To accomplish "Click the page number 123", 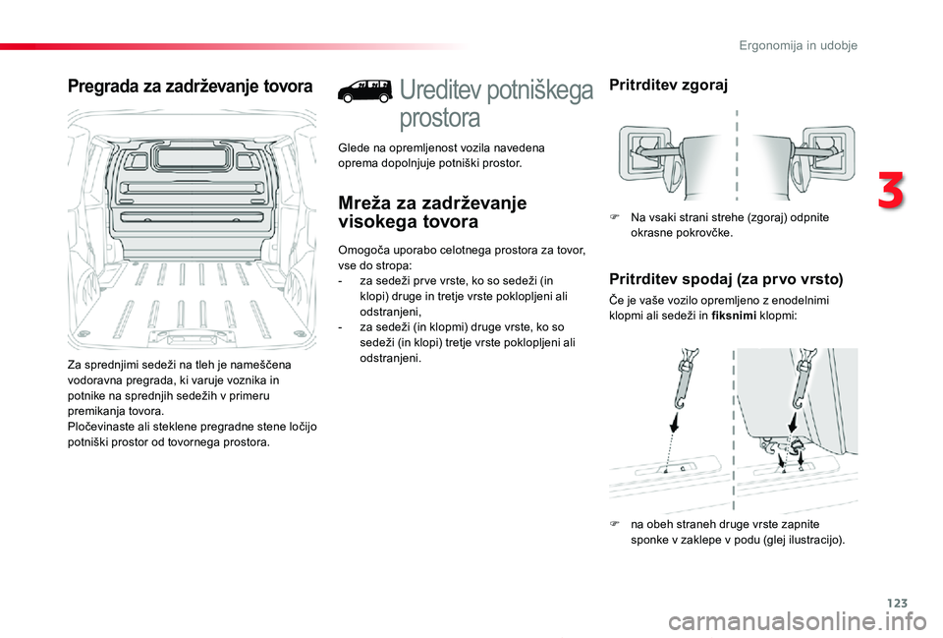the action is [897, 603].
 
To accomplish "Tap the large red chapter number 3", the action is [891, 189].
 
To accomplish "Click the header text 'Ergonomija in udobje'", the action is [798, 46].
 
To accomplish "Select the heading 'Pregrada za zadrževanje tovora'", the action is [190, 87].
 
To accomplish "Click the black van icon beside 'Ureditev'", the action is [365, 90].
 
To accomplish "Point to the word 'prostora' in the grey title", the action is [440, 118].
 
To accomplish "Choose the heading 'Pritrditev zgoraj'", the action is [668, 85].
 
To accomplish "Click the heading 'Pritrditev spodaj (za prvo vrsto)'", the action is [726, 279].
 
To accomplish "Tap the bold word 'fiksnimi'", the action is [733, 316].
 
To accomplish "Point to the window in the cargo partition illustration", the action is [193, 157].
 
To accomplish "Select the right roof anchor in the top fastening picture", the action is [825, 153].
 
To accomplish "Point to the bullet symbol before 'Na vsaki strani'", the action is [614, 217].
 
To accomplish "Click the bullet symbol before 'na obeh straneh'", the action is [614, 524].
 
